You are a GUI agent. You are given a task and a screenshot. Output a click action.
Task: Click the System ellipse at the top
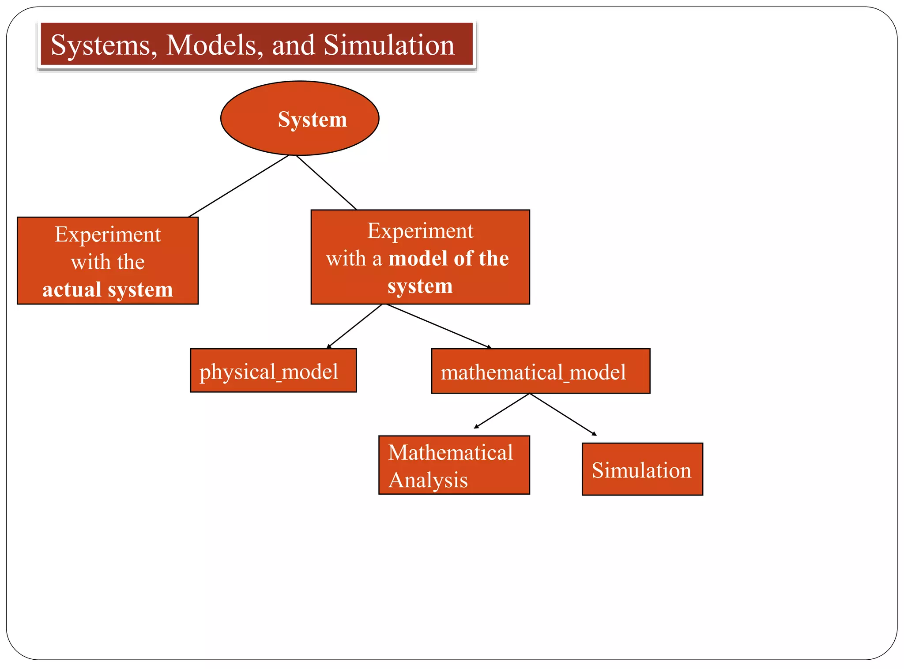click(300, 118)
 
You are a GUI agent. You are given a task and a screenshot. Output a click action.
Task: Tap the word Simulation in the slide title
click(388, 45)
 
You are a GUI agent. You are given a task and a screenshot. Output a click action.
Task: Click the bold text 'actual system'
click(107, 289)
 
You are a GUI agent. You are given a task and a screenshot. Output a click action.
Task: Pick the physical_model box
click(273, 371)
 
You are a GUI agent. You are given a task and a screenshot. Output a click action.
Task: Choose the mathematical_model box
click(540, 371)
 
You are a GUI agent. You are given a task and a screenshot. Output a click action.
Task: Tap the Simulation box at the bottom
click(642, 469)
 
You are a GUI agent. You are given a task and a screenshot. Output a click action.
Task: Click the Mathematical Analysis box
click(454, 465)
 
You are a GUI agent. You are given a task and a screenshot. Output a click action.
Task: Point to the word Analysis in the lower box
click(428, 480)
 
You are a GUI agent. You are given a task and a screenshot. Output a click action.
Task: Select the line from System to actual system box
click(239, 186)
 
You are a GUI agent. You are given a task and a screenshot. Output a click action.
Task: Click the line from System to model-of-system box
click(326, 182)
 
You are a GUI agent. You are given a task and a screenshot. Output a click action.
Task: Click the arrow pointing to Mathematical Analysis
click(501, 411)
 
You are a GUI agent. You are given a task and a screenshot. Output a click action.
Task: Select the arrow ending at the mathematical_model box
click(438, 326)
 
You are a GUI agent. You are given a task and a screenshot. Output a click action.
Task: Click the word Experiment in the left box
click(107, 234)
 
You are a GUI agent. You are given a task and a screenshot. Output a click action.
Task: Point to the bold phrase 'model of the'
click(448, 258)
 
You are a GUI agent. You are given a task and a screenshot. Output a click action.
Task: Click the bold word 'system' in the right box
click(420, 286)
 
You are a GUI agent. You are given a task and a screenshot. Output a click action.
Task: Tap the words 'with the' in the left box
click(107, 262)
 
